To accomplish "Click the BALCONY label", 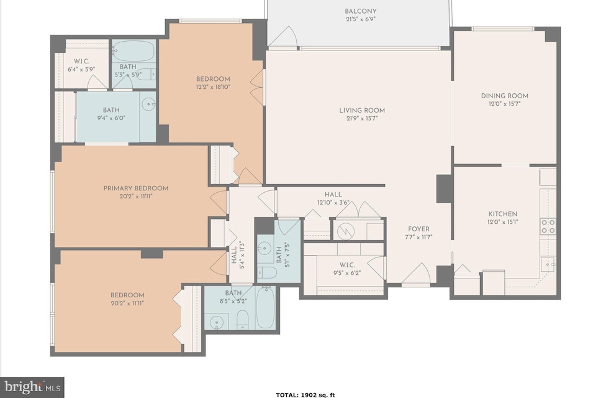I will [x=360, y=11].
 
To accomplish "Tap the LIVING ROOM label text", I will [x=358, y=111].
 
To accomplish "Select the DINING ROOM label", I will [x=504, y=96].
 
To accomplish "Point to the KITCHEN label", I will [x=502, y=214].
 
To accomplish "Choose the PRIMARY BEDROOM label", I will [x=135, y=188].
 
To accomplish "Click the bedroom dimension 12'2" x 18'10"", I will [x=213, y=87].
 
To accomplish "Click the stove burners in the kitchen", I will [x=548, y=226].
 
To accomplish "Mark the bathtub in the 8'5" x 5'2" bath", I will [x=265, y=307].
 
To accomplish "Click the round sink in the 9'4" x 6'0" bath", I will [x=148, y=104].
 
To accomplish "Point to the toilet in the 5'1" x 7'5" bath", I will [x=268, y=272].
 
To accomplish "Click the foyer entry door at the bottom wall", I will [x=415, y=274].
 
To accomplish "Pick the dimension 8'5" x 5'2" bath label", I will [x=233, y=300].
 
